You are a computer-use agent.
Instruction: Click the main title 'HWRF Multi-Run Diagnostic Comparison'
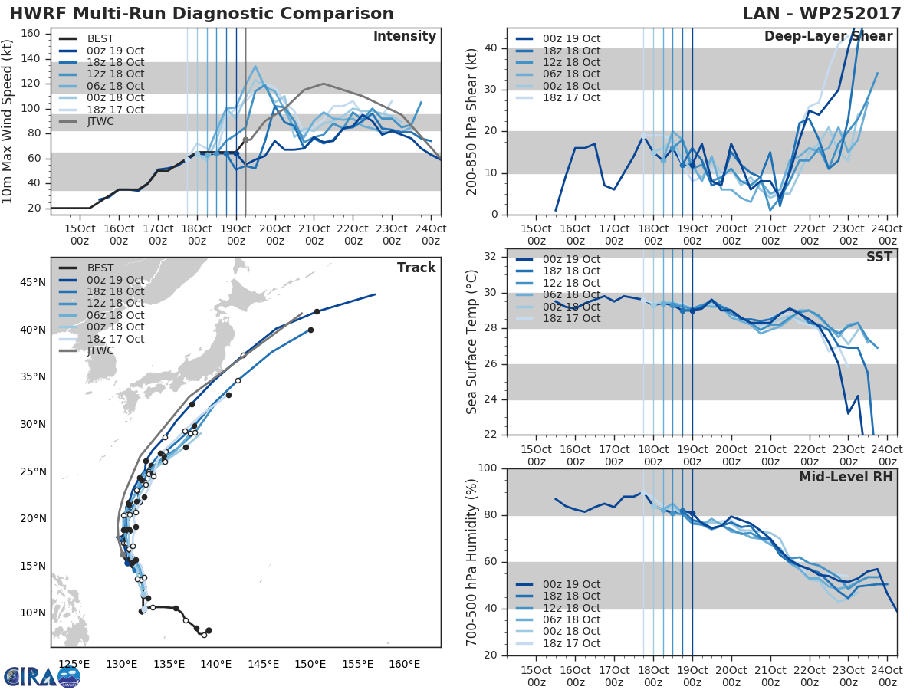[x=202, y=14]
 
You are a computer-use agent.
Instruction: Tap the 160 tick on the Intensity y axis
[x=35, y=34]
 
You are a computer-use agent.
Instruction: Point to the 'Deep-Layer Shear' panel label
[x=828, y=37]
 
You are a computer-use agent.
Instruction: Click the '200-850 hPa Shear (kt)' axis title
[x=473, y=121]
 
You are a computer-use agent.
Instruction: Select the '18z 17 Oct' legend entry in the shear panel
[x=568, y=97]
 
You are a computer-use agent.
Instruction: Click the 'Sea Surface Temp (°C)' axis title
[x=473, y=342]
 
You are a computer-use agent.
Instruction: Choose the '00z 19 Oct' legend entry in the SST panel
[x=568, y=259]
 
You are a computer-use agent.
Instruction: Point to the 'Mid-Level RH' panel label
[x=846, y=478]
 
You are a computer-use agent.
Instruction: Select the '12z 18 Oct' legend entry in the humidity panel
[x=568, y=608]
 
